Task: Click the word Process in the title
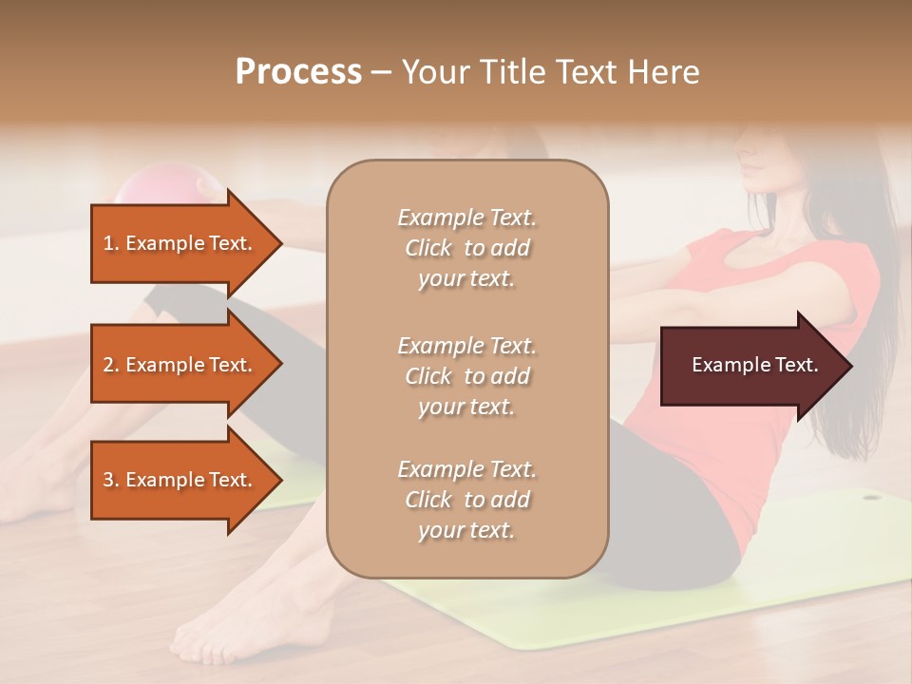click(298, 72)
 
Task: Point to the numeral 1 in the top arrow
click(107, 243)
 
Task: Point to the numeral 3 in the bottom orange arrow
click(108, 480)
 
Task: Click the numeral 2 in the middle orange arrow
click(108, 365)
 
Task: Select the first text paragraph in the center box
click(466, 248)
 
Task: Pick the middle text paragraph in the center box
click(466, 376)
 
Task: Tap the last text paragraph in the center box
click(466, 500)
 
